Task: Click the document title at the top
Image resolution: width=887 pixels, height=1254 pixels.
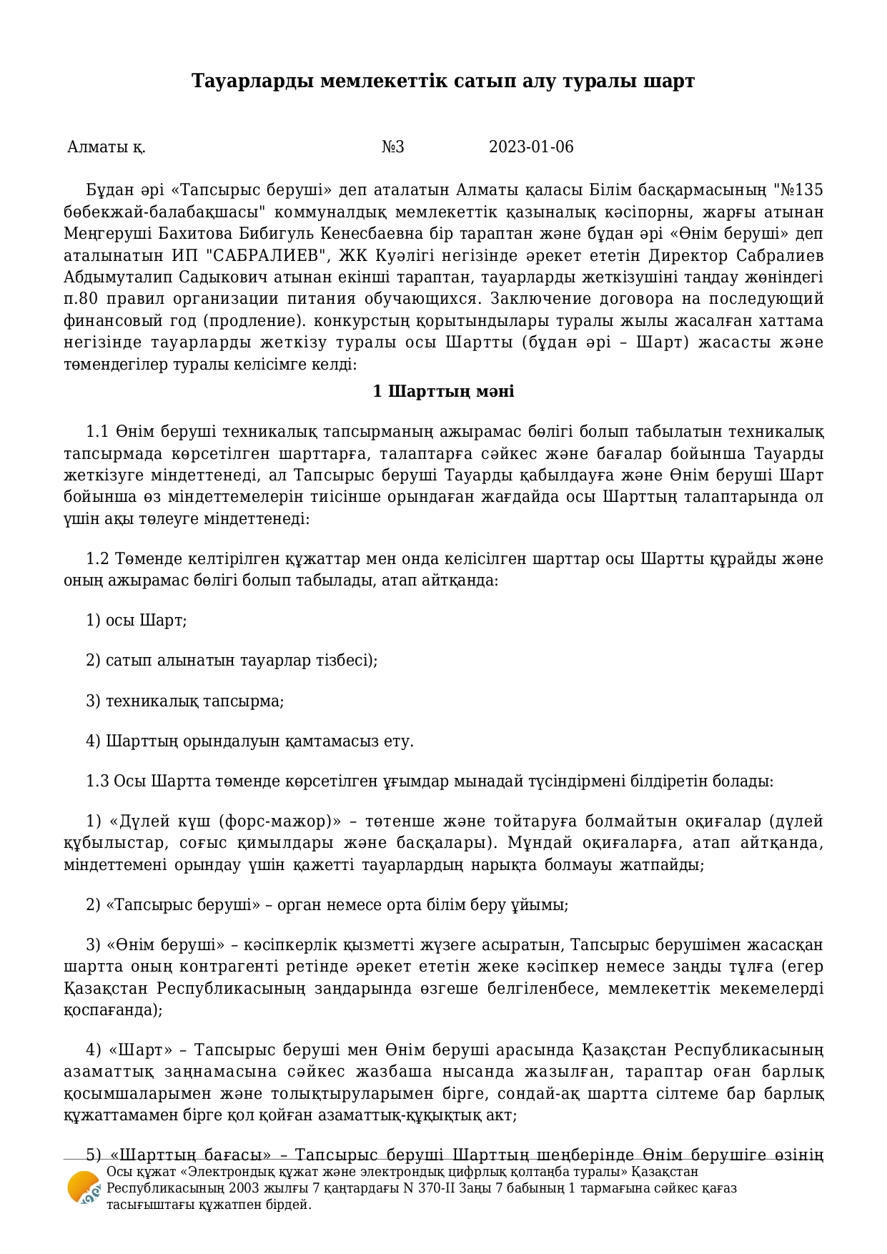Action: tap(443, 82)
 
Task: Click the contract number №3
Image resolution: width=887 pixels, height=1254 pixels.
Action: tap(392, 147)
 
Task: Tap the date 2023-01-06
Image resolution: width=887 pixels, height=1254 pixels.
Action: tap(530, 147)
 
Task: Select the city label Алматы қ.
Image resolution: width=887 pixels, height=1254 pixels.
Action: tap(106, 147)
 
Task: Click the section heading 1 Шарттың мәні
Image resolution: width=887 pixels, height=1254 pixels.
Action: tap(443, 392)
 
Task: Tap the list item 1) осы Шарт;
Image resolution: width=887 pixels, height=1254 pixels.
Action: tap(136, 620)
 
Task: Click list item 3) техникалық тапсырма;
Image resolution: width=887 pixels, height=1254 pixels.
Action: tap(184, 701)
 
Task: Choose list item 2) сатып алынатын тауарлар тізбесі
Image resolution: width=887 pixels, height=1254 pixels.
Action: tap(231, 660)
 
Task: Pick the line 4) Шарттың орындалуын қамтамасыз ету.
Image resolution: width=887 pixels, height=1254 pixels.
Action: tap(249, 741)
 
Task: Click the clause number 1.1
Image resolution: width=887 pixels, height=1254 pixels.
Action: tap(97, 432)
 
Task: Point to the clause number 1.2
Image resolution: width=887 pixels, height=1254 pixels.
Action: tap(97, 558)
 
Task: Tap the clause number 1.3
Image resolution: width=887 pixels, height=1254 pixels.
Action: tap(97, 781)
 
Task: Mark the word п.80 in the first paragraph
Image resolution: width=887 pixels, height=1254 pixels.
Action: tap(79, 299)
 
